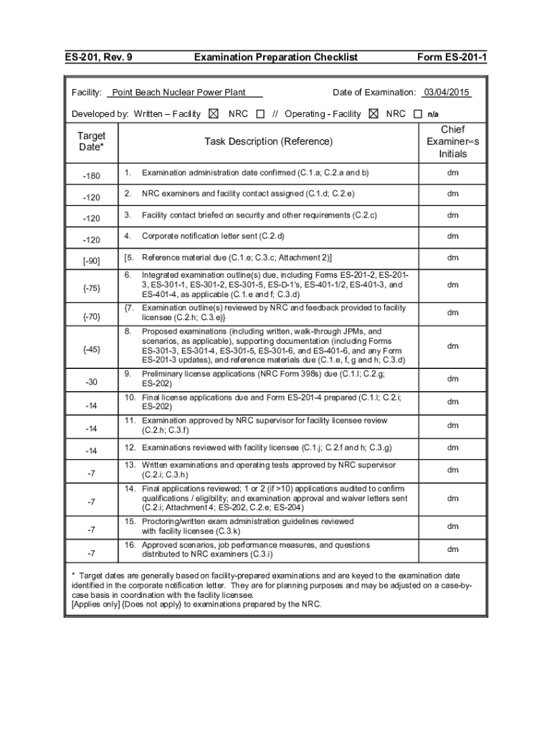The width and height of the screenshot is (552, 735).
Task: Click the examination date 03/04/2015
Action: [x=446, y=92]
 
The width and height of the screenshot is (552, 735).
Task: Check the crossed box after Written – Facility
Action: [x=214, y=113]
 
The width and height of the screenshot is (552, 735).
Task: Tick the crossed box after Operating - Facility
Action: [x=371, y=113]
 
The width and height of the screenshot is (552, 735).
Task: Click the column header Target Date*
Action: [x=91, y=141]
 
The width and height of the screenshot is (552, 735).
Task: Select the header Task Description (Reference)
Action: [x=269, y=141]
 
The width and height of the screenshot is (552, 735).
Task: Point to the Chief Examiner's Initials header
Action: [x=452, y=141]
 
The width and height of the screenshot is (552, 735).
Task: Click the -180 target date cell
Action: [x=91, y=174]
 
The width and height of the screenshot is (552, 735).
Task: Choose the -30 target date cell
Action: [x=91, y=381]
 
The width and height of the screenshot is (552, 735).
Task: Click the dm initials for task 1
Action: [x=452, y=173]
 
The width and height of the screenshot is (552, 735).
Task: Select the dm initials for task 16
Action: [x=452, y=549]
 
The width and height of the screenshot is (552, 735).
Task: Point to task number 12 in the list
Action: [x=130, y=448]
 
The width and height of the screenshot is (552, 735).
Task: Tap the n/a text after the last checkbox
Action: [x=433, y=114]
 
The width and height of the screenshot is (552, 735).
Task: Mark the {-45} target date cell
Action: [x=91, y=349]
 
